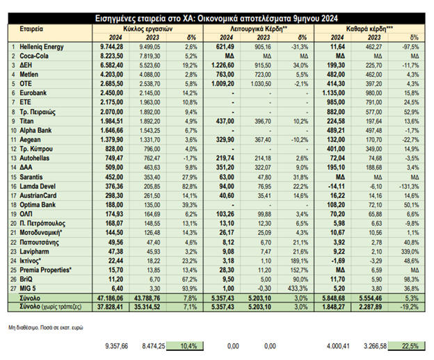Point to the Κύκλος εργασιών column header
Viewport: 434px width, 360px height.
(149, 30)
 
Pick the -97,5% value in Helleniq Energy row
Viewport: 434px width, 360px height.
(414, 45)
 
